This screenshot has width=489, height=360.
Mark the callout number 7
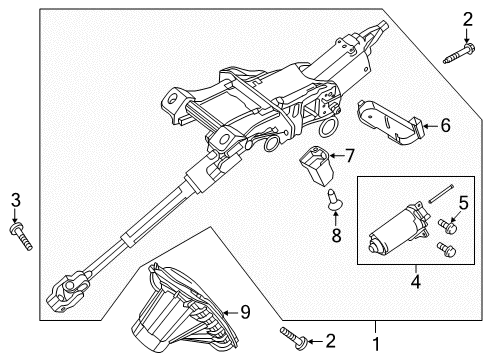coord(350,156)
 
